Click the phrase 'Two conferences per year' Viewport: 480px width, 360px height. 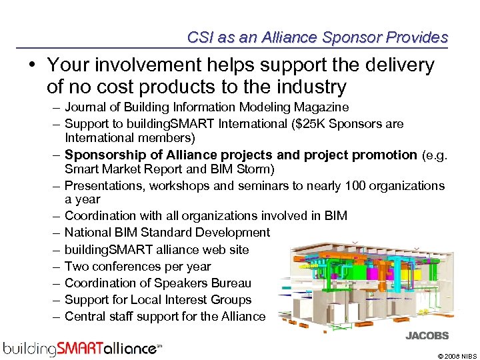(x=137, y=266)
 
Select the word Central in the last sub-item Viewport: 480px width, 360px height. (x=85, y=317)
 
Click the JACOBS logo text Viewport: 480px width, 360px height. (x=427, y=336)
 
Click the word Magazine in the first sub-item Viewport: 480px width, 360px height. (x=324, y=107)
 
